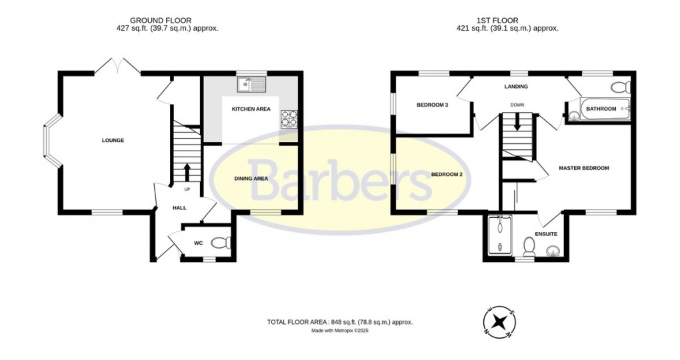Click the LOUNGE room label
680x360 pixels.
coord(113,140)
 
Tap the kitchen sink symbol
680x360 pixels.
coord(251,84)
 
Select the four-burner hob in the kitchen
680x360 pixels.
coord(289,118)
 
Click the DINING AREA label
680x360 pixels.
coord(251,178)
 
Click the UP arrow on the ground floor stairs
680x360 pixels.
coord(187,172)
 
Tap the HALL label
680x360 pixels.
coord(179,208)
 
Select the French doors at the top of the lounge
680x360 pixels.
coord(117,65)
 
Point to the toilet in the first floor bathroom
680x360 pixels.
coord(621,87)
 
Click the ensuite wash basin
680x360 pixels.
coord(553,251)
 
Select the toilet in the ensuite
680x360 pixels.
coord(529,246)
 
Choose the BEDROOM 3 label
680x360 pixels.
coord(432,105)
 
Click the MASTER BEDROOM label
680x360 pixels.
coord(583,168)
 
